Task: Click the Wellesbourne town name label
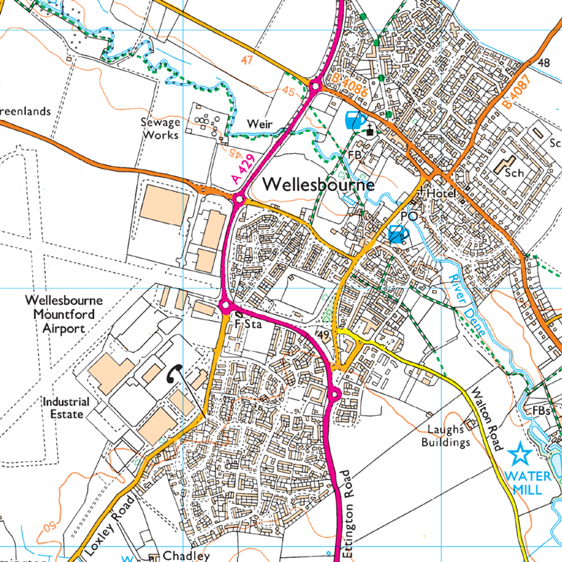tap(320, 185)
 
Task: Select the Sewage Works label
tap(161, 128)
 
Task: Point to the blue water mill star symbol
tap(520, 455)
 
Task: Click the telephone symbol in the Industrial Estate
tap(173, 375)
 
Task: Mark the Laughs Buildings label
tap(445, 436)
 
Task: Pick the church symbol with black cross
tap(370, 130)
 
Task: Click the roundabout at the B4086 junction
tap(315, 86)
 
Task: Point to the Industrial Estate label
tap(65, 408)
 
